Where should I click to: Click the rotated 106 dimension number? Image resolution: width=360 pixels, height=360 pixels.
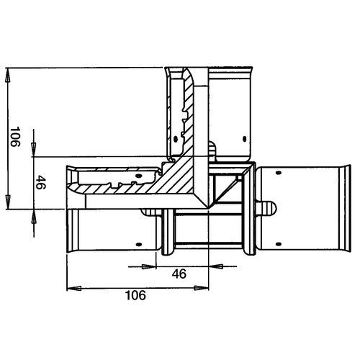pyautogui.click(x=15, y=137)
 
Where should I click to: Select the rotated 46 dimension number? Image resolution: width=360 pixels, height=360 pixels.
pyautogui.click(x=40, y=182)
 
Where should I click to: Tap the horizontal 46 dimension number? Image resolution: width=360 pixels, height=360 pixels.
pyautogui.click(x=179, y=274)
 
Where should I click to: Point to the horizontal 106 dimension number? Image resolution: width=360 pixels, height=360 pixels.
pyautogui.click(x=135, y=295)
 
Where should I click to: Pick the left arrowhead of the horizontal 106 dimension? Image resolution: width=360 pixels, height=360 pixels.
pyautogui.click(x=74, y=288)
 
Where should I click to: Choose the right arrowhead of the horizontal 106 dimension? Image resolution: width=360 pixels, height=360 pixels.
pyautogui.click(x=202, y=288)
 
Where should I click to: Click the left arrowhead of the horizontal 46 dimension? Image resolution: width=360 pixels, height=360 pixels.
pyautogui.click(x=149, y=266)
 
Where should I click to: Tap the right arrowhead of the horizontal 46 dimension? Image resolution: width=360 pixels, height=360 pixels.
pyautogui.click(x=216, y=266)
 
